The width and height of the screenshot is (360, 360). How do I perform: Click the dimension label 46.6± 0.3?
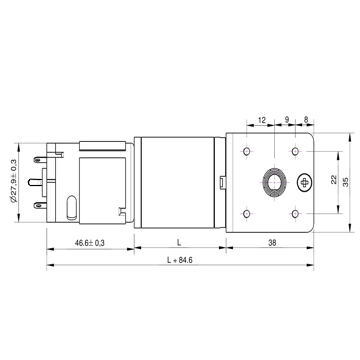tap(90, 243)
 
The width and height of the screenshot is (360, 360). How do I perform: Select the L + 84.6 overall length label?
tap(180, 260)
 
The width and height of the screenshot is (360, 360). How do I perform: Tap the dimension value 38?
tap(272, 243)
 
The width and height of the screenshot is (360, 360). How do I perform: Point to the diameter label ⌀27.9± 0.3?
tap(13, 182)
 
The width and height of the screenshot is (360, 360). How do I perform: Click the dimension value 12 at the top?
tap(262, 120)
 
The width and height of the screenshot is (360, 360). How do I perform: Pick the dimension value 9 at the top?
tap(287, 120)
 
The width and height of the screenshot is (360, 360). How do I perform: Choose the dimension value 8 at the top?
tap(306, 120)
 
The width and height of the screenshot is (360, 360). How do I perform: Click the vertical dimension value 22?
tap(334, 180)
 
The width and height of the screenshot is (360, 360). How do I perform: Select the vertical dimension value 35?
tap(346, 182)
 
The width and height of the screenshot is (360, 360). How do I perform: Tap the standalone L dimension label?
tap(179, 243)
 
